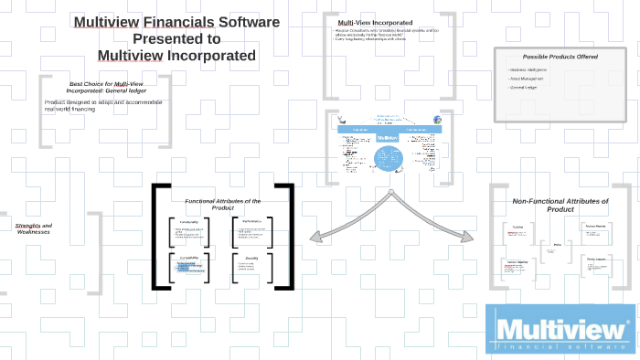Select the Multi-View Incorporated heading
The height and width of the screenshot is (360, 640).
[375, 22]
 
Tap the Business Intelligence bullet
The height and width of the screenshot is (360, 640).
[529, 69]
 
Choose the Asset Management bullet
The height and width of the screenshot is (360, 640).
[528, 79]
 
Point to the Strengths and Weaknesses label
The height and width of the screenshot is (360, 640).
[35, 228]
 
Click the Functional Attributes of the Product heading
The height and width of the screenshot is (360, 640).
[223, 205]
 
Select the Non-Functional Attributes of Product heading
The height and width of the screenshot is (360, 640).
[560, 205]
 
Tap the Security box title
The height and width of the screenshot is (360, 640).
[251, 258]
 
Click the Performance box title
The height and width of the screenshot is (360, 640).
[251, 222]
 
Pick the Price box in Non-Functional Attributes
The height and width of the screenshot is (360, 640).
[558, 245]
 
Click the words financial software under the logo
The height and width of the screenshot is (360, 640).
[560, 346]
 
